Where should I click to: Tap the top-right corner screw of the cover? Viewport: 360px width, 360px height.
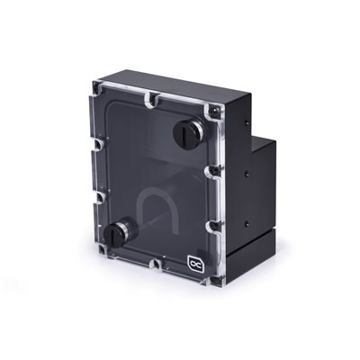(215, 109)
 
